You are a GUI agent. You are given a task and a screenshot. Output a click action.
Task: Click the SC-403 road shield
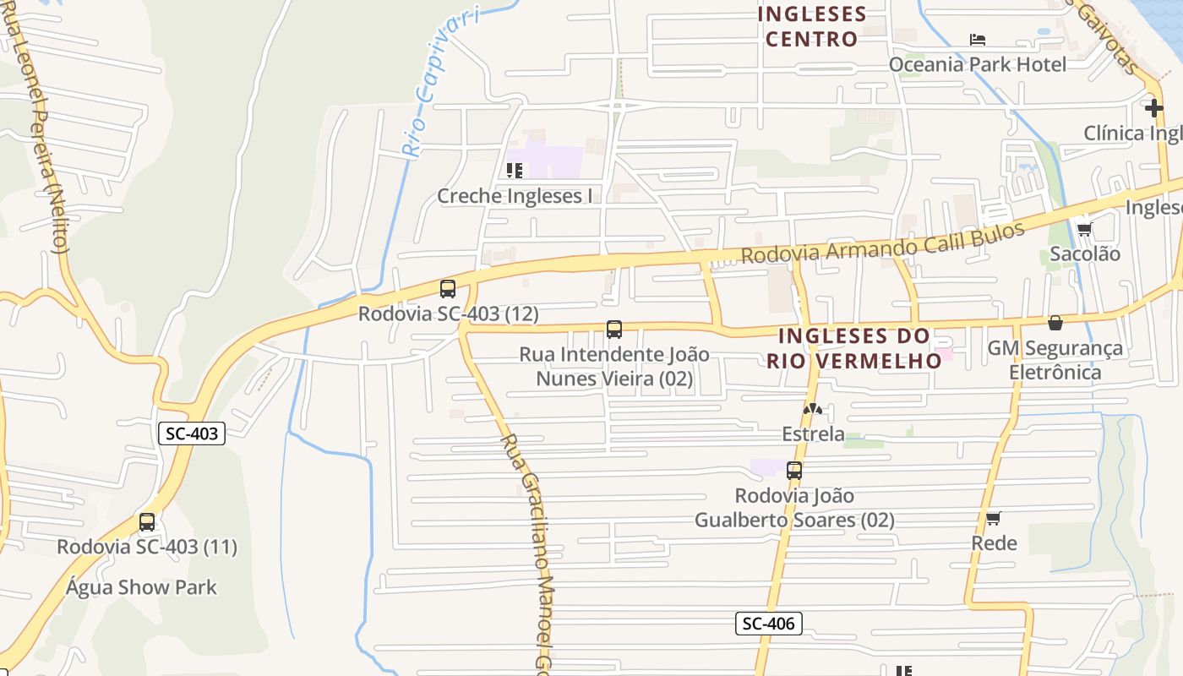(x=192, y=434)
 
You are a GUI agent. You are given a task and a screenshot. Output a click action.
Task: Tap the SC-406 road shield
(x=767, y=624)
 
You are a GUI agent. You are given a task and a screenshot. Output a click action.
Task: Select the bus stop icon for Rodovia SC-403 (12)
(x=448, y=289)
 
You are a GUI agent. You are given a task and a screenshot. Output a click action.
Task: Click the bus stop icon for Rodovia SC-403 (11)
(x=147, y=522)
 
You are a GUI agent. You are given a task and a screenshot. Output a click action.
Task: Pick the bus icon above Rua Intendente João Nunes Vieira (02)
(x=614, y=330)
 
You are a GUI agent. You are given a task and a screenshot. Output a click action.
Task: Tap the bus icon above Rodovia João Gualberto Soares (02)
(x=794, y=471)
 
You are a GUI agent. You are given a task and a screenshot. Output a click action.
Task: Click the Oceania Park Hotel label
(x=978, y=64)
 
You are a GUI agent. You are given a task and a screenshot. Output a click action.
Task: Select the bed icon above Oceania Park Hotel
(x=978, y=40)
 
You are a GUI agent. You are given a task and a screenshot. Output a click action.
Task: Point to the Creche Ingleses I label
(x=515, y=196)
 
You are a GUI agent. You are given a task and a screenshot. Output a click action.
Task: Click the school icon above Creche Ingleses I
(x=514, y=171)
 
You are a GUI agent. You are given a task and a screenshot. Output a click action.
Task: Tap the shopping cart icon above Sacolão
(x=1084, y=229)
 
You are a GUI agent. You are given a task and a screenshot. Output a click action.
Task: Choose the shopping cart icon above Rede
(x=994, y=518)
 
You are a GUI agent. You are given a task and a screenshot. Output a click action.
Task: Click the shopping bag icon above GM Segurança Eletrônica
(x=1055, y=323)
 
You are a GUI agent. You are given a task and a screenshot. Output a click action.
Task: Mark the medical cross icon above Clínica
(x=1154, y=108)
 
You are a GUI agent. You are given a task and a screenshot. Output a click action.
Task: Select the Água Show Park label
(x=142, y=587)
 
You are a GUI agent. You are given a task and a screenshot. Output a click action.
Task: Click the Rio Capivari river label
(x=439, y=82)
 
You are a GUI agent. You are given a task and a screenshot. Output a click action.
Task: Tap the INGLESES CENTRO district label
(x=812, y=26)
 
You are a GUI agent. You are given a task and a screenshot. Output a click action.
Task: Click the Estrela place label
(x=813, y=433)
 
